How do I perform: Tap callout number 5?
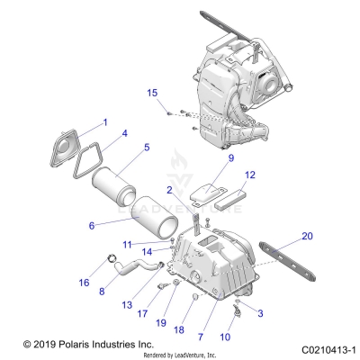[147, 147]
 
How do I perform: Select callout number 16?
[84, 282]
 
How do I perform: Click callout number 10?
[225, 337]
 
